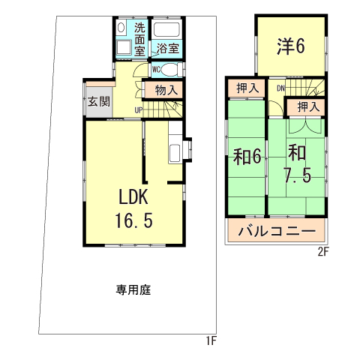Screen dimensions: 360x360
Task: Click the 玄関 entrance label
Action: point(97,100)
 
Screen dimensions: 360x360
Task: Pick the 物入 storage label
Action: point(166,90)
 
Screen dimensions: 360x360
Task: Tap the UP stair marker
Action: point(139,111)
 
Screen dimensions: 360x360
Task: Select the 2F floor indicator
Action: point(322,252)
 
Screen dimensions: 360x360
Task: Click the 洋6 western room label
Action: point(290,46)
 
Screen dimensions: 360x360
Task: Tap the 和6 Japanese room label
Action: point(246,157)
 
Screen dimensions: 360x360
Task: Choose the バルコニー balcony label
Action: point(277,231)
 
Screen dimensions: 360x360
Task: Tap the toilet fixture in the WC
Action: point(172,70)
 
